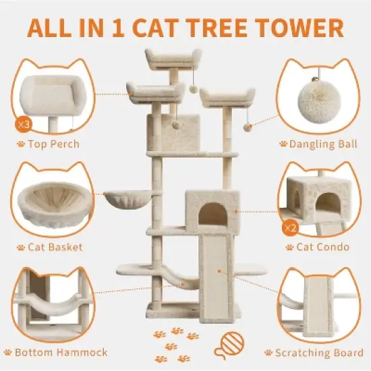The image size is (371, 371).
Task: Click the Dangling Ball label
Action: pos(317,144)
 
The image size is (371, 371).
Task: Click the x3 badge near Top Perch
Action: pos(22,124)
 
